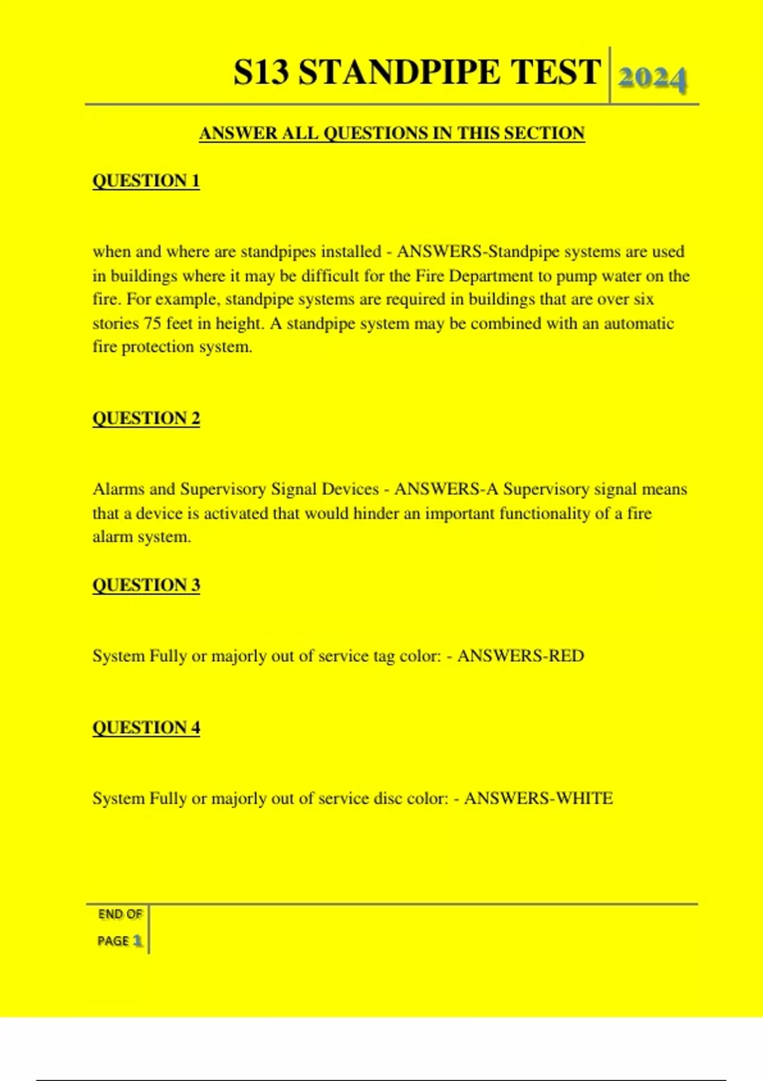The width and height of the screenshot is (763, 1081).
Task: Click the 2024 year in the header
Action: pyautogui.click(x=652, y=79)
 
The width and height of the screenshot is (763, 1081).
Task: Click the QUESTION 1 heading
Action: pyautogui.click(x=146, y=181)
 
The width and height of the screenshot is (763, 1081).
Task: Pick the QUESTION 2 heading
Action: pyautogui.click(x=146, y=418)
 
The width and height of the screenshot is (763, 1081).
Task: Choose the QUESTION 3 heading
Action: pyautogui.click(x=146, y=585)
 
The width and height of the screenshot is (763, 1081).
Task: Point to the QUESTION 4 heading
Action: pyautogui.click(x=146, y=727)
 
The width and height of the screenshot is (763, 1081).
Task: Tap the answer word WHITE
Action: pyautogui.click(x=584, y=798)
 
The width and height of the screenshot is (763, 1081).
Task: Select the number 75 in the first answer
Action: pyautogui.click(x=152, y=323)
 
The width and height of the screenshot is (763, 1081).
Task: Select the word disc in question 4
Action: pyautogui.click(x=387, y=798)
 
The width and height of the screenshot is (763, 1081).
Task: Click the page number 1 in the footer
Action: pyautogui.click(x=137, y=940)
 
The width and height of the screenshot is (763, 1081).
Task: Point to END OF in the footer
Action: pyautogui.click(x=120, y=914)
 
